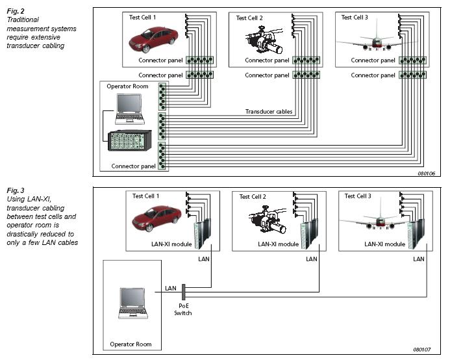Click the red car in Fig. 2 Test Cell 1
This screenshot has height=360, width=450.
pyautogui.click(x=153, y=39)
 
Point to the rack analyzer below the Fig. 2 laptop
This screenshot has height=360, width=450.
pyautogui.click(x=129, y=141)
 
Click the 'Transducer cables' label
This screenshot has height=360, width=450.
pyautogui.click(x=269, y=112)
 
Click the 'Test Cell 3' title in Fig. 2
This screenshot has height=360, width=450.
pyautogui.click(x=355, y=18)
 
